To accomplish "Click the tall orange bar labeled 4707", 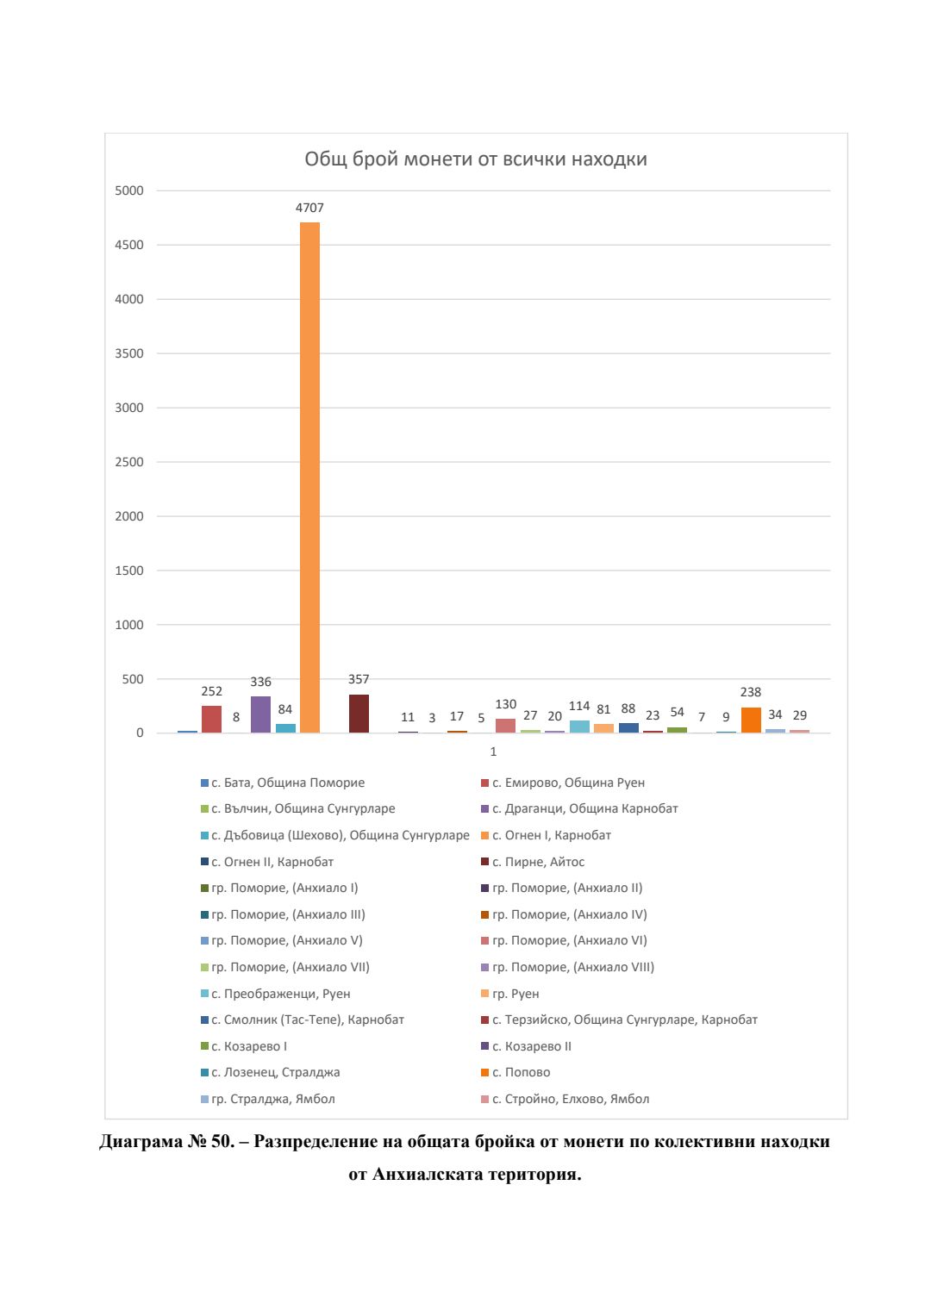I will pos(309,477).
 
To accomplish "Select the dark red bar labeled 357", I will pos(359,714).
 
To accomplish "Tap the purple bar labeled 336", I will pos(260,715).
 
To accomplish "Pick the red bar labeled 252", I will pos(211,720).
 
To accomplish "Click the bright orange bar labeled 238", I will pos(751,720).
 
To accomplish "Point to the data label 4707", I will pos(309,208).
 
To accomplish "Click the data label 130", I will pos(506,704).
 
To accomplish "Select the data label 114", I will pos(579,706).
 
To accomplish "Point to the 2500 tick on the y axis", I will pos(129,462).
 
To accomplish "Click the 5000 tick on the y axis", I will pos(129,190).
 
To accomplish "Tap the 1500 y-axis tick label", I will pos(129,571).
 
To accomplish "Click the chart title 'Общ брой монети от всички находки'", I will pos(476,159).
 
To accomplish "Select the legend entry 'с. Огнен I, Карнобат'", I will pos(552,835).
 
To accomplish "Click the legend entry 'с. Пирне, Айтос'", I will pos(539,862).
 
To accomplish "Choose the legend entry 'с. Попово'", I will pos(522,1072).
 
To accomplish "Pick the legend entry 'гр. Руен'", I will pos(515,994).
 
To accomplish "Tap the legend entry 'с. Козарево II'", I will pos(532,1046).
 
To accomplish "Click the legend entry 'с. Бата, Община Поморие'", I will pos(288,783).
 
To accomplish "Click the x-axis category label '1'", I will pos(493,752).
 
